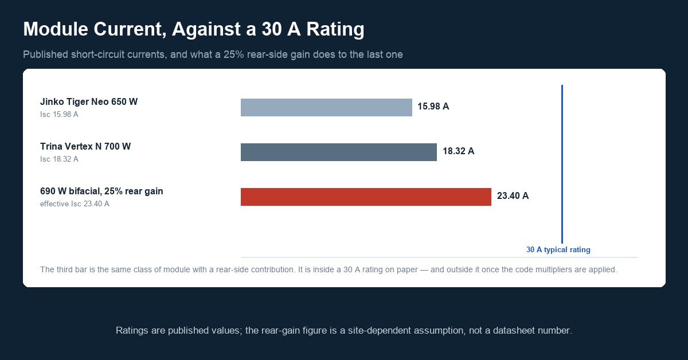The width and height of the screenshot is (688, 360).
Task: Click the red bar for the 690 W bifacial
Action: [366, 197]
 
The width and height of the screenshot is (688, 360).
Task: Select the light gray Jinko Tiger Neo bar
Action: [326, 108]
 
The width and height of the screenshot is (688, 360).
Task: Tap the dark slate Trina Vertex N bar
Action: [338, 152]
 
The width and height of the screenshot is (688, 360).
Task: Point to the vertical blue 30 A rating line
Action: [562, 164]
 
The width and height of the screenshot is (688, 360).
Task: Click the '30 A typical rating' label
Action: [558, 250]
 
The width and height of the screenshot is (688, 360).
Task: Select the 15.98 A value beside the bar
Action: [433, 106]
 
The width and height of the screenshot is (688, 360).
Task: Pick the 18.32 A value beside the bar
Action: [458, 151]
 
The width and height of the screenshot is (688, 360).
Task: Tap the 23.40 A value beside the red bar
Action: [513, 195]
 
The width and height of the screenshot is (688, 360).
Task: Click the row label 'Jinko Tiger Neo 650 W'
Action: [89, 101]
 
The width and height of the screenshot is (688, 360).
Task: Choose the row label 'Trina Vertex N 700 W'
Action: [85, 147]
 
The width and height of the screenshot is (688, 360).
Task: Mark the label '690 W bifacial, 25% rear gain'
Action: [101, 191]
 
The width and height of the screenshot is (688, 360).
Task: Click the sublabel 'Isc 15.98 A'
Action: [59, 114]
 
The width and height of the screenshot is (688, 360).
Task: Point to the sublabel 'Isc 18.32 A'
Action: [59, 159]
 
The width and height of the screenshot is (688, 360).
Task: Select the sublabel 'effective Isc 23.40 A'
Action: [75, 204]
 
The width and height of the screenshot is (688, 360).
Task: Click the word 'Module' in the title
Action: [56, 29]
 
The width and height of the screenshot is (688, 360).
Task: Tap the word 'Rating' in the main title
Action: [335, 29]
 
